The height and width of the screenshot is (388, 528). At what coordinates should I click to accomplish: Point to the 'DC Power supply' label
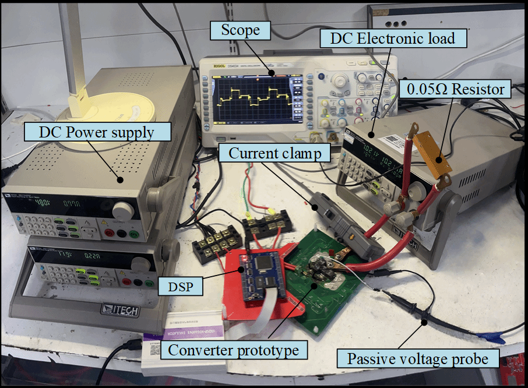(x=96, y=132)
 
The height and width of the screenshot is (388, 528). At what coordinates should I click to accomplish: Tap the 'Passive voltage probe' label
(x=417, y=358)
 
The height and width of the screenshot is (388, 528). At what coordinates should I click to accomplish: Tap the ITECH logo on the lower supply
(x=119, y=310)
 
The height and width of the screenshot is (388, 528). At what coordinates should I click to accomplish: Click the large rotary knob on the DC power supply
(x=121, y=210)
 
